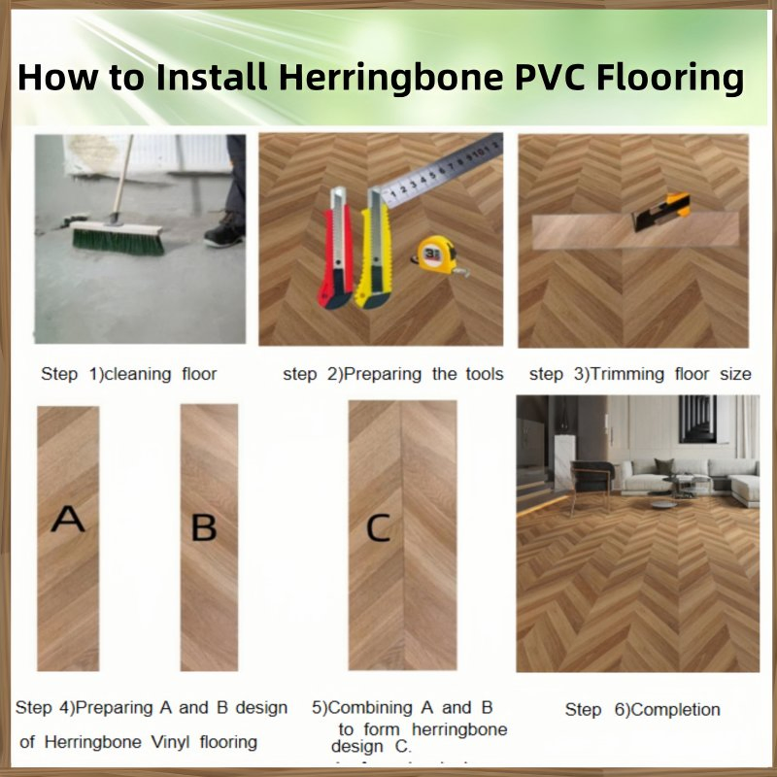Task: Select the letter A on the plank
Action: (x=67, y=520)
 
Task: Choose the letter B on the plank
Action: (x=204, y=527)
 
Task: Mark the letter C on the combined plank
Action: (x=377, y=527)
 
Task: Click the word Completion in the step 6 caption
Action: (x=672, y=709)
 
